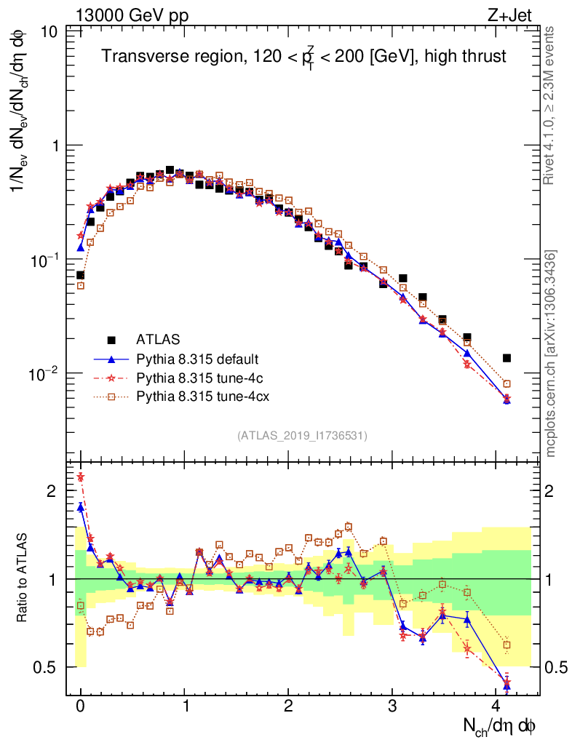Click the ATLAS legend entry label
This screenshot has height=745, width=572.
(x=158, y=339)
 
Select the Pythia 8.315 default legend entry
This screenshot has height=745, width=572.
(x=196, y=359)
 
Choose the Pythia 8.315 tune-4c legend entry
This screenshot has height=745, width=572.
(x=193, y=378)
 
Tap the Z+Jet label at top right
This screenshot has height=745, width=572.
(x=517, y=13)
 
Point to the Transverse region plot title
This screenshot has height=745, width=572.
(x=303, y=57)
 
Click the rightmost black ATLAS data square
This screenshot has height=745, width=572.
(x=507, y=358)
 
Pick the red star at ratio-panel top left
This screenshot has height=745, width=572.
(x=81, y=477)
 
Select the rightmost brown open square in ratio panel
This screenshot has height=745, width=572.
(x=507, y=645)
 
